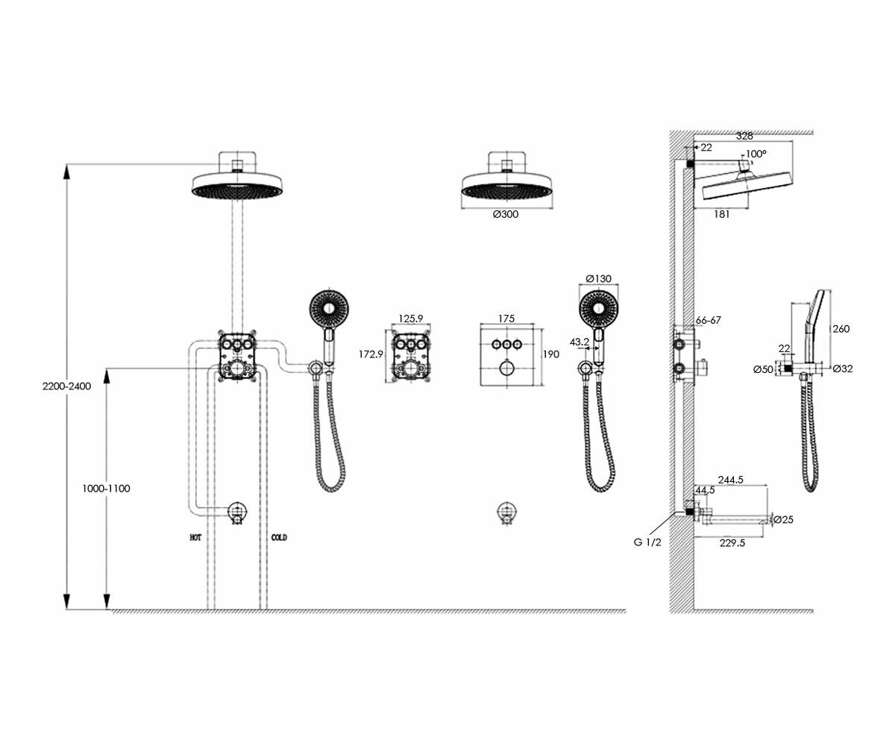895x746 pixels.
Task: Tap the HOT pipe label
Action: pyautogui.click(x=196, y=537)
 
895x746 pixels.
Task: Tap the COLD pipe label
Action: pyautogui.click(x=279, y=537)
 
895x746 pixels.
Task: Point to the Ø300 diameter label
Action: pyautogui.click(x=506, y=215)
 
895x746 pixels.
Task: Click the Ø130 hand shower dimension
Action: pyautogui.click(x=598, y=278)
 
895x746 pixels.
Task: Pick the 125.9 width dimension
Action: pyautogui.click(x=410, y=319)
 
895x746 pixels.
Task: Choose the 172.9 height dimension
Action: pyautogui.click(x=370, y=354)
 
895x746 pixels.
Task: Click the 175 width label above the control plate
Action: pyautogui.click(x=506, y=319)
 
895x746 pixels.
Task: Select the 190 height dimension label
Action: pyautogui.click(x=550, y=354)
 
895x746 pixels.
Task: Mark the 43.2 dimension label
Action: pyautogui.click(x=580, y=342)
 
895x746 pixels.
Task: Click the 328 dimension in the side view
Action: pyautogui.click(x=744, y=136)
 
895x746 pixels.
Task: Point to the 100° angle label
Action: pyautogui.click(x=756, y=154)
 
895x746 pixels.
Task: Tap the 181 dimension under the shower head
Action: pyautogui.click(x=721, y=215)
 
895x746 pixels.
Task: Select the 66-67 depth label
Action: pyautogui.click(x=709, y=320)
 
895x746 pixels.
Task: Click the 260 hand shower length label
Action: pyautogui.click(x=841, y=329)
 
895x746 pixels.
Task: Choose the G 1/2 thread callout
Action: pyautogui.click(x=647, y=542)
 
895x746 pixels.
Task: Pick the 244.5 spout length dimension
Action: pyautogui.click(x=730, y=480)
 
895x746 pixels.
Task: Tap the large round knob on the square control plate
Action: pyautogui.click(x=506, y=367)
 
